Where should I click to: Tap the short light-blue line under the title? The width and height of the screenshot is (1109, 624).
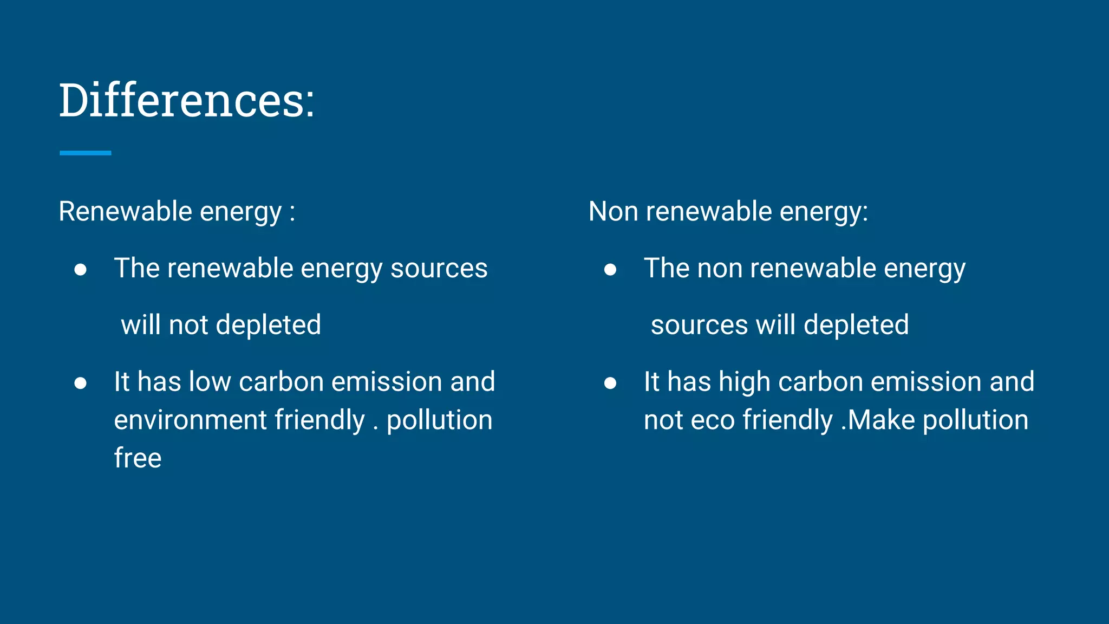(85, 153)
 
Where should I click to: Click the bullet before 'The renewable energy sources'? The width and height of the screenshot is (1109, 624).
(81, 270)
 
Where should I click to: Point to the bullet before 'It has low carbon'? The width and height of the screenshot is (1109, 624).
(81, 383)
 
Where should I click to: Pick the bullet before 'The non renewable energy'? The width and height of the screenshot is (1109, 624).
(610, 270)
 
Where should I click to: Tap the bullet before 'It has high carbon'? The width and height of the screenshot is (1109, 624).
(610, 383)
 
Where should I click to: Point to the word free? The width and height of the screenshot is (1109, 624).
(138, 458)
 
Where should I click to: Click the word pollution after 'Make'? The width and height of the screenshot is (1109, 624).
(975, 420)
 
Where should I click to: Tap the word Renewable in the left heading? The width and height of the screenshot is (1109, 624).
(125, 211)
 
